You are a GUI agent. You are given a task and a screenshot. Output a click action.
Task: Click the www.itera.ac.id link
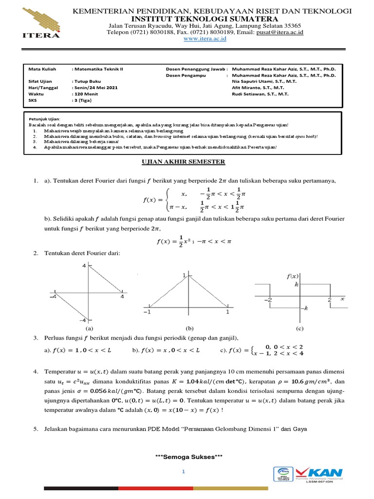[205, 39]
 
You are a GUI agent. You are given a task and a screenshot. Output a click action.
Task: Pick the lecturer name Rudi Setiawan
[261, 95]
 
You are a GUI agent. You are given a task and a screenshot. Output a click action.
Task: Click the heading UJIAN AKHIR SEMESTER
[186, 161]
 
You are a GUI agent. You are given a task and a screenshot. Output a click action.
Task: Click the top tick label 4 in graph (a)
[83, 266]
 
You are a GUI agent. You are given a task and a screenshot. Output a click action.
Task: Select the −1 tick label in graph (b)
[146, 311]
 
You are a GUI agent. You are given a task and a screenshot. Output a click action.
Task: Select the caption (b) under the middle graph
[187, 328]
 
